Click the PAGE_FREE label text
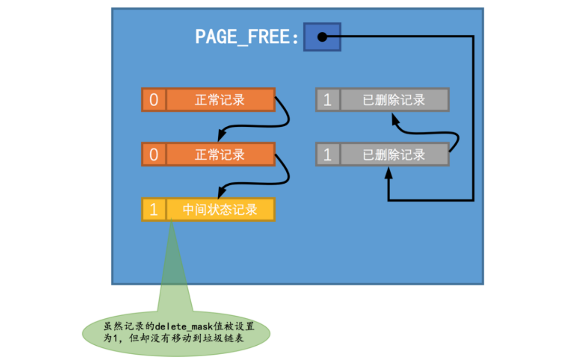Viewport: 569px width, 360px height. pos(247,37)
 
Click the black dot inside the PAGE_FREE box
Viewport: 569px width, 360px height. pos(322,38)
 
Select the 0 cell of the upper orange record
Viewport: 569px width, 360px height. pos(154,100)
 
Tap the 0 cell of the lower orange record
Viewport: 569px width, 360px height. pos(154,155)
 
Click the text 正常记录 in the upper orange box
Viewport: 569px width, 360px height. pos(220,100)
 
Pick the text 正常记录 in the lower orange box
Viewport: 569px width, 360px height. pos(220,155)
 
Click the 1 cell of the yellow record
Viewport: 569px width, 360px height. pos(154,210)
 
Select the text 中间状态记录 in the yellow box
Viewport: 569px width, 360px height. pos(220,210)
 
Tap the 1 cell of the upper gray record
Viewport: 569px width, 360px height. pos(328,100)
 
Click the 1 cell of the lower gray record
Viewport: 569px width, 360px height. pos(328,155)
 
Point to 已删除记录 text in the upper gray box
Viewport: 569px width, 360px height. pos(394,100)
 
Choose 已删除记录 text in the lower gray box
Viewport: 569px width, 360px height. pos(394,155)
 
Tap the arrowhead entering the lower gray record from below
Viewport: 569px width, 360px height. pos(388,172)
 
